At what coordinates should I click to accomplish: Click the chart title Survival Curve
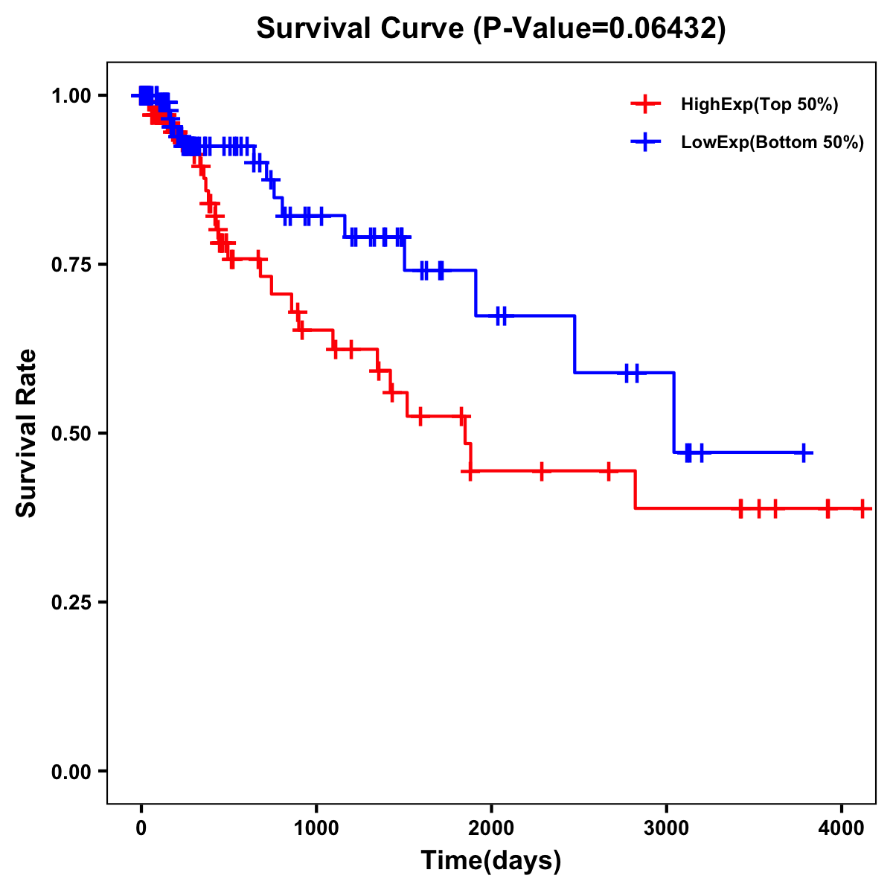361,28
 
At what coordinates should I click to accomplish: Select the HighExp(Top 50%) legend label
760,105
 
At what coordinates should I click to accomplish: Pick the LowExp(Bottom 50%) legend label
772,143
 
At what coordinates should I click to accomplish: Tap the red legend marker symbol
645,104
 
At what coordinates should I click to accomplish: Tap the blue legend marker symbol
645,142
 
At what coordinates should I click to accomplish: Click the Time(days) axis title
491,860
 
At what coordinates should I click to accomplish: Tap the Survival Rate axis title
27,433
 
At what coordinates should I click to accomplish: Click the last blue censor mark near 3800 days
804,452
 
